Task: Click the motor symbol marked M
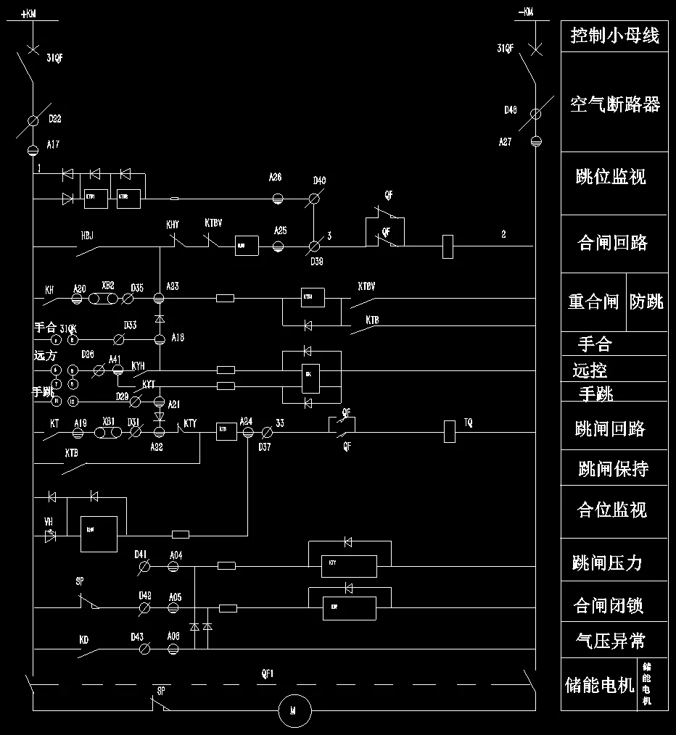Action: pyautogui.click(x=294, y=711)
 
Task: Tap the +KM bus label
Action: pyautogui.click(x=29, y=14)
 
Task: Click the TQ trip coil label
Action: pyautogui.click(x=469, y=423)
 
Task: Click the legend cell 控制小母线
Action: pyautogui.click(x=614, y=36)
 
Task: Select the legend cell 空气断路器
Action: pyautogui.click(x=614, y=104)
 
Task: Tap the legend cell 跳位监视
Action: pyautogui.click(x=611, y=177)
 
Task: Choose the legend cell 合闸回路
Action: pyautogui.click(x=612, y=243)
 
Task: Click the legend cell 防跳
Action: pyautogui.click(x=646, y=302)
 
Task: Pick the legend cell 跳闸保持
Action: pyautogui.click(x=613, y=469)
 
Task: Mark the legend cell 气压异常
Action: pyautogui.click(x=610, y=641)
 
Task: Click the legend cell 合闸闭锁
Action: pyautogui.click(x=609, y=605)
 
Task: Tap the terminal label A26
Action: pyautogui.click(x=275, y=178)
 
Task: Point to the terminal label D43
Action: pyautogui.click(x=138, y=637)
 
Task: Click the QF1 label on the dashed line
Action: pyautogui.click(x=268, y=674)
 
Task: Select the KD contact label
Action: pyautogui.click(x=84, y=641)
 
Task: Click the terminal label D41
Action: pyautogui.click(x=141, y=555)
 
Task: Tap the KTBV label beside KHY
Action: pyautogui.click(x=213, y=223)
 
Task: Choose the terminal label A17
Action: pyautogui.click(x=53, y=145)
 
